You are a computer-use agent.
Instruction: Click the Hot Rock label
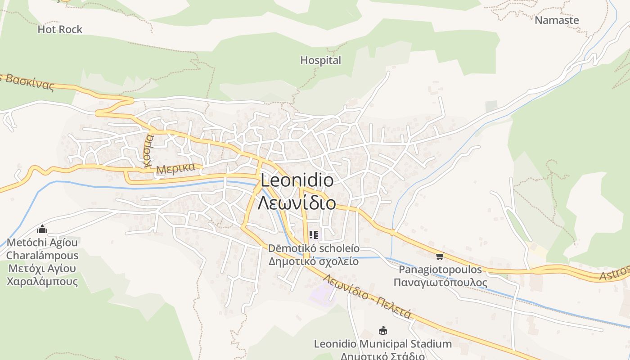(x=60, y=30)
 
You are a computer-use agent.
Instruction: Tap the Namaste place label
(x=557, y=20)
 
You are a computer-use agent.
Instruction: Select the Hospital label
(x=320, y=60)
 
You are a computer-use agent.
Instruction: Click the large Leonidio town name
(x=297, y=181)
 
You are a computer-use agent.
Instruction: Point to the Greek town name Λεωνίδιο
(x=297, y=202)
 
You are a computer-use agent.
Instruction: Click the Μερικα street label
(x=176, y=169)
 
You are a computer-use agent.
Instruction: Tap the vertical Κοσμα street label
(x=148, y=151)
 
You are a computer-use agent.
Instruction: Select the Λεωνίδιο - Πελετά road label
(x=367, y=297)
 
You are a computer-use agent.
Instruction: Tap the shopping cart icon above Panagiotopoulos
(x=440, y=256)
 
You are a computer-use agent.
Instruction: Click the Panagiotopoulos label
(x=440, y=270)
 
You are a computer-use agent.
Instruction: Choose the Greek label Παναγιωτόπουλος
(x=440, y=283)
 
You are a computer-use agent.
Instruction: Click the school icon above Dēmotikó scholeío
(x=314, y=235)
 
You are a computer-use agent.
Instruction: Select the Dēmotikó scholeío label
(x=314, y=248)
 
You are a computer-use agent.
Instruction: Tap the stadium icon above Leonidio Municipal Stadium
(x=383, y=331)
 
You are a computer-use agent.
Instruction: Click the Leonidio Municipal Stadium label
(x=382, y=344)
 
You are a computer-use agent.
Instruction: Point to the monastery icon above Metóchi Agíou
(x=42, y=229)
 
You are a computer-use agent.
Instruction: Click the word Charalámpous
(x=42, y=256)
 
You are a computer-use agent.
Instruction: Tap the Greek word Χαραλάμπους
(x=42, y=282)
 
